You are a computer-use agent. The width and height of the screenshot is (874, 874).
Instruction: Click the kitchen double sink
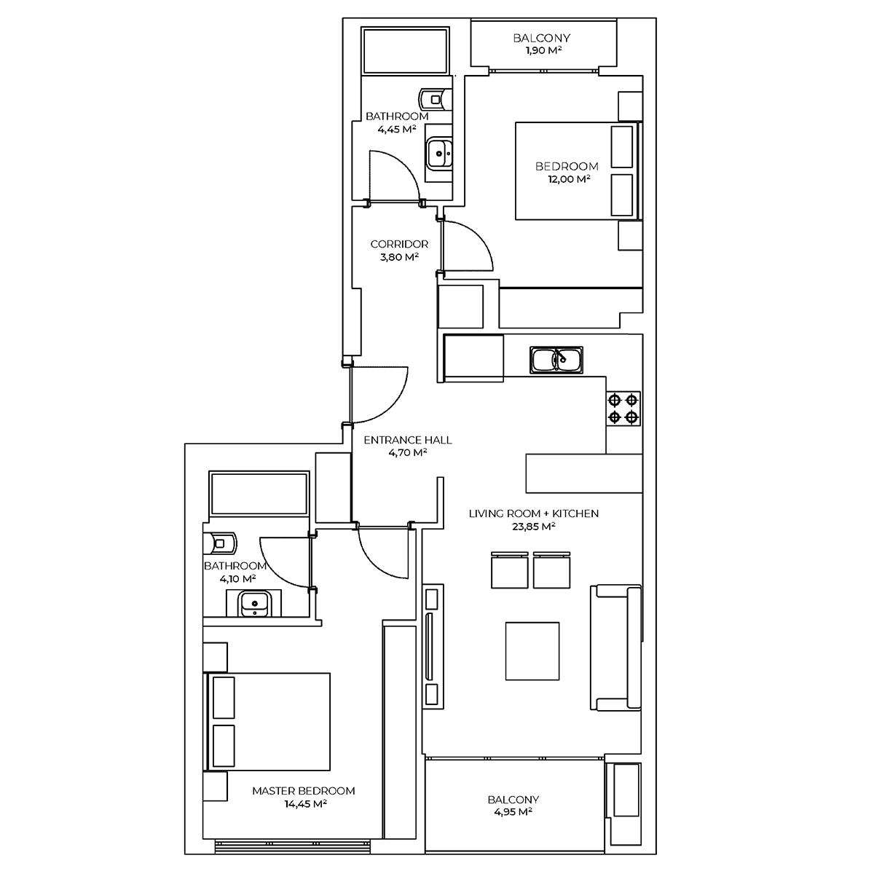[x=556, y=360]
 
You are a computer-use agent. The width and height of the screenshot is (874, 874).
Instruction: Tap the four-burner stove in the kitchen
[x=623, y=408]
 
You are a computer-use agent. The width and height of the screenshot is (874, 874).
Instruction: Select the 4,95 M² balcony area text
[x=513, y=811]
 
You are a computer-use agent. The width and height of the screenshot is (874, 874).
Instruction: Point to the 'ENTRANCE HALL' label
[x=408, y=439]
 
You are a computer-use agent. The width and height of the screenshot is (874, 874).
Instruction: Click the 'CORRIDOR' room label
[x=399, y=244]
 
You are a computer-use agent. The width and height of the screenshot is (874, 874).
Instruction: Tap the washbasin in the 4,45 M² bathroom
[x=439, y=154]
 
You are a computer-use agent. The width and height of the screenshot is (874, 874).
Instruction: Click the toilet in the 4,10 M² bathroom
[x=220, y=543]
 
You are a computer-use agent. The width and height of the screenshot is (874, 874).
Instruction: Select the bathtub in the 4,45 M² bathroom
[x=405, y=50]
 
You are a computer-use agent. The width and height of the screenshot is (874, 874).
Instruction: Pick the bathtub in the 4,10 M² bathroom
[x=259, y=494]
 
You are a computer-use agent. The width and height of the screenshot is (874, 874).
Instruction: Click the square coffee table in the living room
[x=532, y=651]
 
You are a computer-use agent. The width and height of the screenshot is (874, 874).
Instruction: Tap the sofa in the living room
[x=615, y=647]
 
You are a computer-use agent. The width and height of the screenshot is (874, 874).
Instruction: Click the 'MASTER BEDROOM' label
[x=304, y=790]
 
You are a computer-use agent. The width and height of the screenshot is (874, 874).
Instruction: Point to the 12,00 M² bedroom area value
[x=569, y=178]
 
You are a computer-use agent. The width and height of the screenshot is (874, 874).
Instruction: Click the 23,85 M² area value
[x=533, y=526]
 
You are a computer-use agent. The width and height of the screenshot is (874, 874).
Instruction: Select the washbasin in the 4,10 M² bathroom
[x=254, y=604]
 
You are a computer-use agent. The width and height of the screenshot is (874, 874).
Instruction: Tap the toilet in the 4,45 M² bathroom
[x=436, y=99]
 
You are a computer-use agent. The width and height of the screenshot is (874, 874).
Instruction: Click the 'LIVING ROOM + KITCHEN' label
[x=533, y=513]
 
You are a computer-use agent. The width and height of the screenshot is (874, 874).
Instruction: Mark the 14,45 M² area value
[x=306, y=803]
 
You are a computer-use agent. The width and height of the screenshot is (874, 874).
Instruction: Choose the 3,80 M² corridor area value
[x=399, y=256]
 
